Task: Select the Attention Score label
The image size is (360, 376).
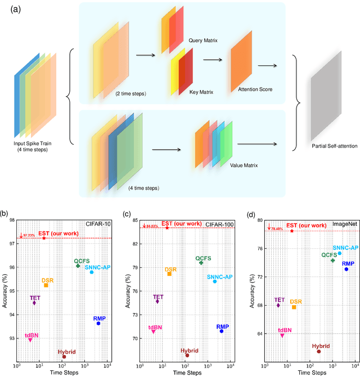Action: pos(244,89)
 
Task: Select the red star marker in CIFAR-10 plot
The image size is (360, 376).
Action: pos(44,238)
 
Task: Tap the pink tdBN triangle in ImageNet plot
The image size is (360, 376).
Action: pos(282,335)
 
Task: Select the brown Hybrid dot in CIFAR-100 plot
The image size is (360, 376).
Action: pos(187,356)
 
